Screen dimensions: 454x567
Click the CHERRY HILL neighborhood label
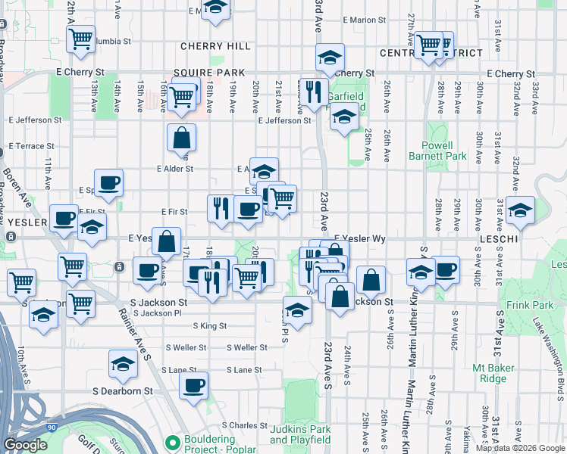pos(215,46)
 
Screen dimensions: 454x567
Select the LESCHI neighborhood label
pos(500,238)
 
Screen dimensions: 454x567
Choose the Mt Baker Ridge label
pos(498,373)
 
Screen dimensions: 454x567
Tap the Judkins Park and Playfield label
pos(300,434)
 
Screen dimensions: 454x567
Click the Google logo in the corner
pos(25,445)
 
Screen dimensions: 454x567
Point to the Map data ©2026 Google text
pos(519,448)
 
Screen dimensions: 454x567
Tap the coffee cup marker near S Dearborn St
pos(193,385)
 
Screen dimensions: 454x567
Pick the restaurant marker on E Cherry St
pos(313,92)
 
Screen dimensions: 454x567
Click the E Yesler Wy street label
pos(360,238)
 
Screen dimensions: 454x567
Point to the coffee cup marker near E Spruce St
pos(108,182)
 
